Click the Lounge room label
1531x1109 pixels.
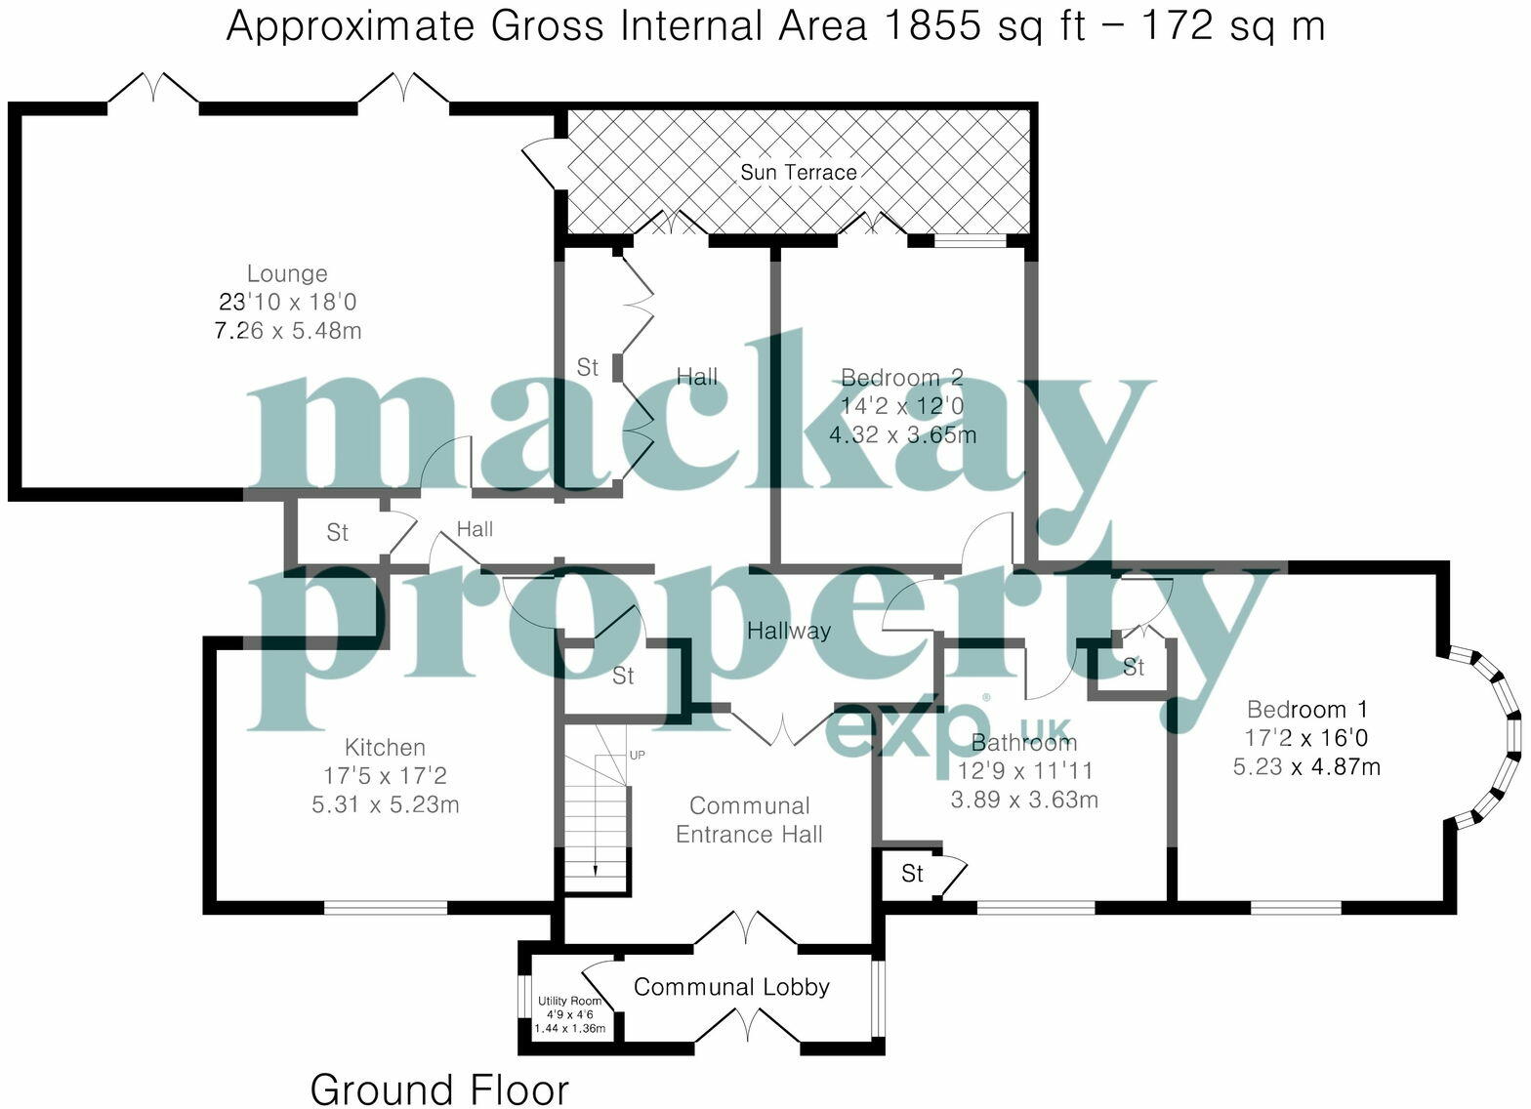pyautogui.click(x=286, y=274)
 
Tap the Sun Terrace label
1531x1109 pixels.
pyautogui.click(x=798, y=173)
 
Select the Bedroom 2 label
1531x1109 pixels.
pyautogui.click(x=901, y=378)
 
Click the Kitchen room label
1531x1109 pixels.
pyautogui.click(x=385, y=748)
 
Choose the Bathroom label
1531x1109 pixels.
pyautogui.click(x=1023, y=743)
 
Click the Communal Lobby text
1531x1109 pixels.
pyautogui.click(x=731, y=987)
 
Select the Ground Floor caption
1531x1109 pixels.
pyautogui.click(x=439, y=1088)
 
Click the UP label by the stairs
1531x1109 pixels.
pyautogui.click(x=637, y=755)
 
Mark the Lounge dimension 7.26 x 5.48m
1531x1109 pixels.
pyautogui.click(x=287, y=331)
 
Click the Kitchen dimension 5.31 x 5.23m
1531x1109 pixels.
pyautogui.click(x=385, y=805)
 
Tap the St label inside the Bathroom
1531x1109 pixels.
pyautogui.click(x=912, y=873)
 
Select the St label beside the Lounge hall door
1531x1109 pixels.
pyautogui.click(x=337, y=533)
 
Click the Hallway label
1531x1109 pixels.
pyautogui.click(x=788, y=631)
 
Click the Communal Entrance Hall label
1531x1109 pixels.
pyautogui.click(x=749, y=820)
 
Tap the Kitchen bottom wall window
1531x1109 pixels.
pyautogui.click(x=385, y=908)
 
